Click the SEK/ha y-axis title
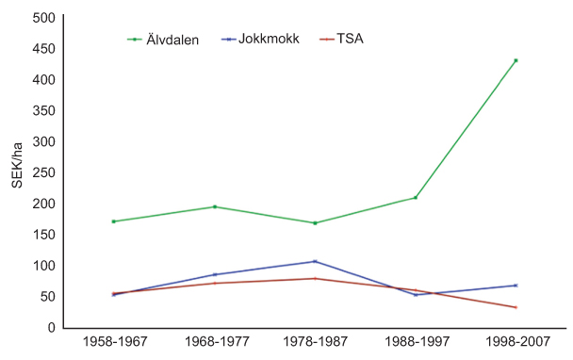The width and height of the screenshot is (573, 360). tap(16, 164)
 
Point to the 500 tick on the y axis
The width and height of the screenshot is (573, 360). tap(42, 18)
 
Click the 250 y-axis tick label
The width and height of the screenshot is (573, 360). tap(42, 172)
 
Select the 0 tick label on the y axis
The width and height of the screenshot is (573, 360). tap(51, 327)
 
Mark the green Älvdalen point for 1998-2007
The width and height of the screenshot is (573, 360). tap(516, 60)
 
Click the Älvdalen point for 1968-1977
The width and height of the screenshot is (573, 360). tap(214, 206)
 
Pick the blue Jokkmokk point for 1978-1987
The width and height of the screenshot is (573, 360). tap(315, 261)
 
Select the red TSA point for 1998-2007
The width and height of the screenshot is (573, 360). tap(516, 307)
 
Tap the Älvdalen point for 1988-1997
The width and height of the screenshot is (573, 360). tap(416, 197)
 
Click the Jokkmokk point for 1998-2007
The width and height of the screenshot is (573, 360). tap(516, 285)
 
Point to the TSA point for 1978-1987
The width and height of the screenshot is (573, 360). tap(315, 278)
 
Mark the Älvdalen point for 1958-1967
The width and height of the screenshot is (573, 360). tap(113, 221)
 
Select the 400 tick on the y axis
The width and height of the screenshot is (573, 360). tap(42, 80)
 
